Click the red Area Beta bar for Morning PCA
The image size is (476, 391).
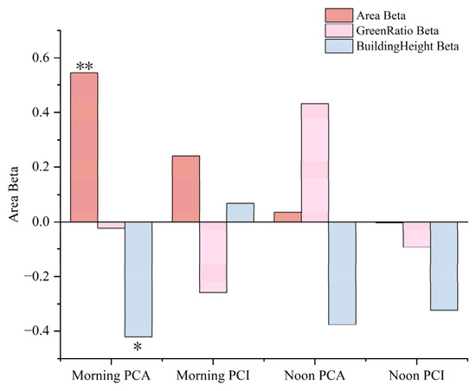pos(84,147)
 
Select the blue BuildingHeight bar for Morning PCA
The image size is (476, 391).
pos(138,279)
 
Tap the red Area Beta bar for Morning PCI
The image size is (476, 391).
pos(186,189)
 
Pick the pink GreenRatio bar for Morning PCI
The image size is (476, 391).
pos(213,257)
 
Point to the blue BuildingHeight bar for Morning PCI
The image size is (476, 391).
pos(240,213)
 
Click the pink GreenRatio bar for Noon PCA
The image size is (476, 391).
pos(315,163)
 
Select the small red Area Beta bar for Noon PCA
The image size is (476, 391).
pos(288,217)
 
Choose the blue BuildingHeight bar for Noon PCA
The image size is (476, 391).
pos(342,273)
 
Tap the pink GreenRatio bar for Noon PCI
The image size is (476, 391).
pos(416,234)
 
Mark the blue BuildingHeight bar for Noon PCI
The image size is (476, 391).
pos(444,266)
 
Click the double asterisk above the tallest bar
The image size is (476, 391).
pos(85,66)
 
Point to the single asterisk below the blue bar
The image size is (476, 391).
pos(138,346)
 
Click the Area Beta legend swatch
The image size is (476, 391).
pos(339,16)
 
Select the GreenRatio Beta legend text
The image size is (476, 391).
pos(397,30)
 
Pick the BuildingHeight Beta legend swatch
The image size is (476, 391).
pos(339,46)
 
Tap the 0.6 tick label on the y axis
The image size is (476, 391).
pos(41,58)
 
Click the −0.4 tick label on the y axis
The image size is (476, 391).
pos(37,331)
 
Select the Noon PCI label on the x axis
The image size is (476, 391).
pos(416,375)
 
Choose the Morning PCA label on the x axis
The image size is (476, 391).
pos(111,375)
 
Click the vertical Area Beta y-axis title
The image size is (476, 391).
pos(14,195)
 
